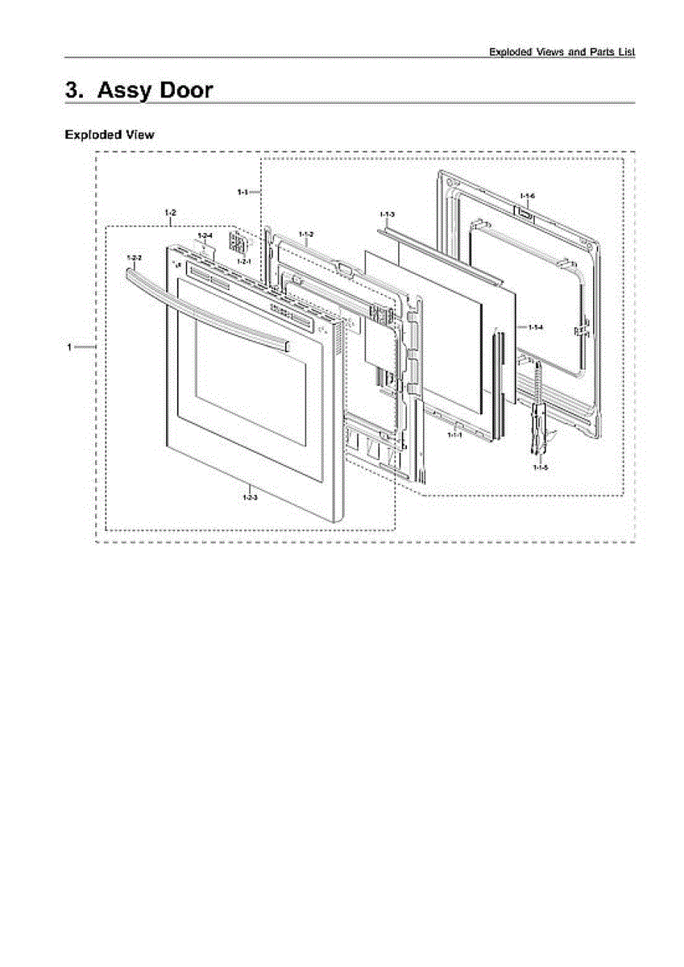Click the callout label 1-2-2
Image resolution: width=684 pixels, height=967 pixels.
coord(135,258)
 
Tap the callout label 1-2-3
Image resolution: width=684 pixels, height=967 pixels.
coord(250,497)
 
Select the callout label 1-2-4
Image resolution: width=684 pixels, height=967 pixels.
coord(205,235)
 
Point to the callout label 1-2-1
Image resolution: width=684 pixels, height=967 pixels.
coord(243,262)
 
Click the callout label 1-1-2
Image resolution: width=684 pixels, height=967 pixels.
coord(305,234)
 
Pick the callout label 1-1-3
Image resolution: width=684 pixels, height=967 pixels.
coord(387,214)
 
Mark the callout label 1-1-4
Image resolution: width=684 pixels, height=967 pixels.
coord(536,326)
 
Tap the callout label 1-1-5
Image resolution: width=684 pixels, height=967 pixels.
coord(540,467)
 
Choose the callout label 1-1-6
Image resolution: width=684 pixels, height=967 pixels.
coord(527,197)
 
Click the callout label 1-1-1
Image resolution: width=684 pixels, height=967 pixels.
coord(454,434)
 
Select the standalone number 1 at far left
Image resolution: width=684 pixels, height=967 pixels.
coord(70,347)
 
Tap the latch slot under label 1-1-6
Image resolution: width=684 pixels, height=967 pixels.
coord(524,214)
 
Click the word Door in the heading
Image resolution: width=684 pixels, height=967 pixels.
coord(186,89)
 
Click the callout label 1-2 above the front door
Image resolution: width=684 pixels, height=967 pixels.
coord(170,213)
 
